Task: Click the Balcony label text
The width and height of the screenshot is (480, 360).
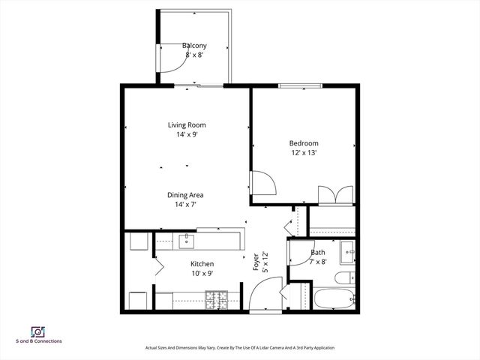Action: tap(194, 46)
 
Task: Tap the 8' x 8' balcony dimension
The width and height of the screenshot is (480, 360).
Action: tap(194, 55)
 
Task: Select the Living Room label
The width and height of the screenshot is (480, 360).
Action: tap(186, 125)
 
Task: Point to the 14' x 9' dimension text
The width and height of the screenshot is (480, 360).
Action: tap(186, 135)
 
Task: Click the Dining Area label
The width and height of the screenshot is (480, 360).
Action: tap(184, 195)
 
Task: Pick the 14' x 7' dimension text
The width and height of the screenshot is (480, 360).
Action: tap(184, 205)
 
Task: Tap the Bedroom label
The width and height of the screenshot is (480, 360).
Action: tap(304, 143)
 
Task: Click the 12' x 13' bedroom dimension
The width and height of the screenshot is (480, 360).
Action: tap(304, 153)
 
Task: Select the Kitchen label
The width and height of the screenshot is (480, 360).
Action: tap(202, 264)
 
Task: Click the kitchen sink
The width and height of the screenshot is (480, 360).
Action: tap(184, 241)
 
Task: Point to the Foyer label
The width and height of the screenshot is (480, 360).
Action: tap(256, 261)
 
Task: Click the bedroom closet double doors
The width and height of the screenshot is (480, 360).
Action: tap(334, 194)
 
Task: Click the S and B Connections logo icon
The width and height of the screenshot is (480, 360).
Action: tap(36, 331)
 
